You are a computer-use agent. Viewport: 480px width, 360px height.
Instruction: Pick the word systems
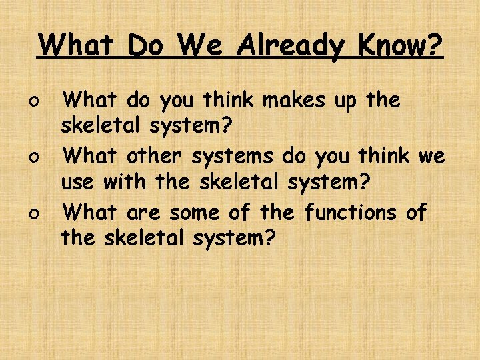pos(233,157)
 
